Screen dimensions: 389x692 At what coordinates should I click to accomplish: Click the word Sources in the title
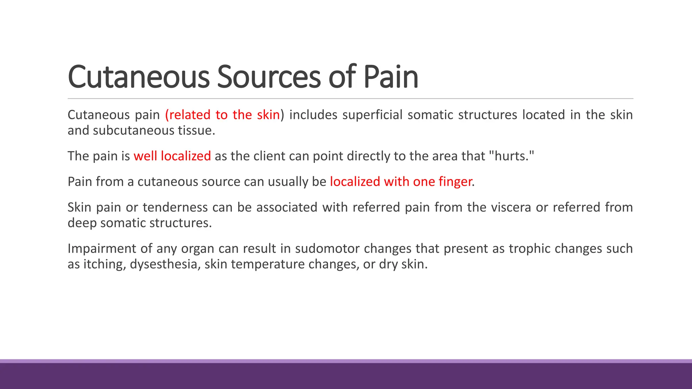pyautogui.click(x=269, y=77)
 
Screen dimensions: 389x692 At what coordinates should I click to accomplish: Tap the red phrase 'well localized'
pyautogui.click(x=172, y=156)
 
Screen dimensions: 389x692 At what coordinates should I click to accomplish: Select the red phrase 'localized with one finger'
pyautogui.click(x=401, y=182)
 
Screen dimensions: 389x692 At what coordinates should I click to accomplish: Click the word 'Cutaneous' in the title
pyautogui.click(x=139, y=77)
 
